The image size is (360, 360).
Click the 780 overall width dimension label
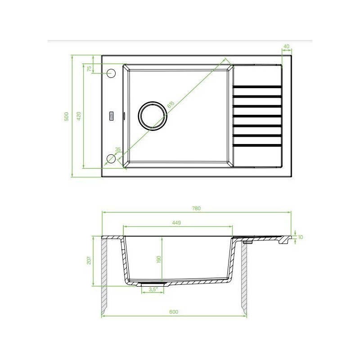click(x=196, y=208)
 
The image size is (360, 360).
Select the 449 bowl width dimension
click(x=176, y=222)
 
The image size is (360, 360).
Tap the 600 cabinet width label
click(x=174, y=312)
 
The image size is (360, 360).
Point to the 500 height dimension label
click(x=66, y=117)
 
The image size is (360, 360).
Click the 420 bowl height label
click(x=79, y=116)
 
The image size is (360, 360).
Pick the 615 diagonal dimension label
click(x=171, y=104)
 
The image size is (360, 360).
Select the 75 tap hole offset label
click(x=89, y=68)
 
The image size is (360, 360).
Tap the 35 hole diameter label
click(x=118, y=149)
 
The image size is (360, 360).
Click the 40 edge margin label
click(x=286, y=46)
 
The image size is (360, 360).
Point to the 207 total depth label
click(x=89, y=261)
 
